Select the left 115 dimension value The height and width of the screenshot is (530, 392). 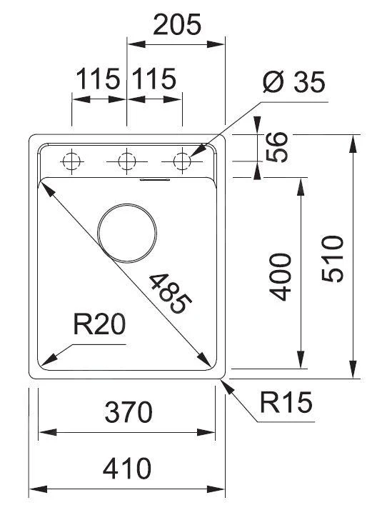coord(97,79)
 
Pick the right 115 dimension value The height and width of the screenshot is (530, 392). coord(152,79)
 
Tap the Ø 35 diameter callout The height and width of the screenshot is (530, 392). coord(293,84)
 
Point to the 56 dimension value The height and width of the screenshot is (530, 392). coord(280,147)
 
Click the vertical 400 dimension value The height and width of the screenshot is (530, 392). coord(281,276)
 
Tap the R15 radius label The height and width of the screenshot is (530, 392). coord(286,404)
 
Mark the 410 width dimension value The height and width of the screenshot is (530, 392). coord(126,469)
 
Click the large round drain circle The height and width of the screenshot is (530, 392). coord(127,233)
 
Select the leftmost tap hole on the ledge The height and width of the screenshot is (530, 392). coord(71,161)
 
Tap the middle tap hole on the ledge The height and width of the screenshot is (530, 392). coord(127,161)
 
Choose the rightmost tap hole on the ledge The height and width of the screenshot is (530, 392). coord(182,161)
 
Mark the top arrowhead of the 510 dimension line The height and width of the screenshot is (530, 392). coord(353,141)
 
